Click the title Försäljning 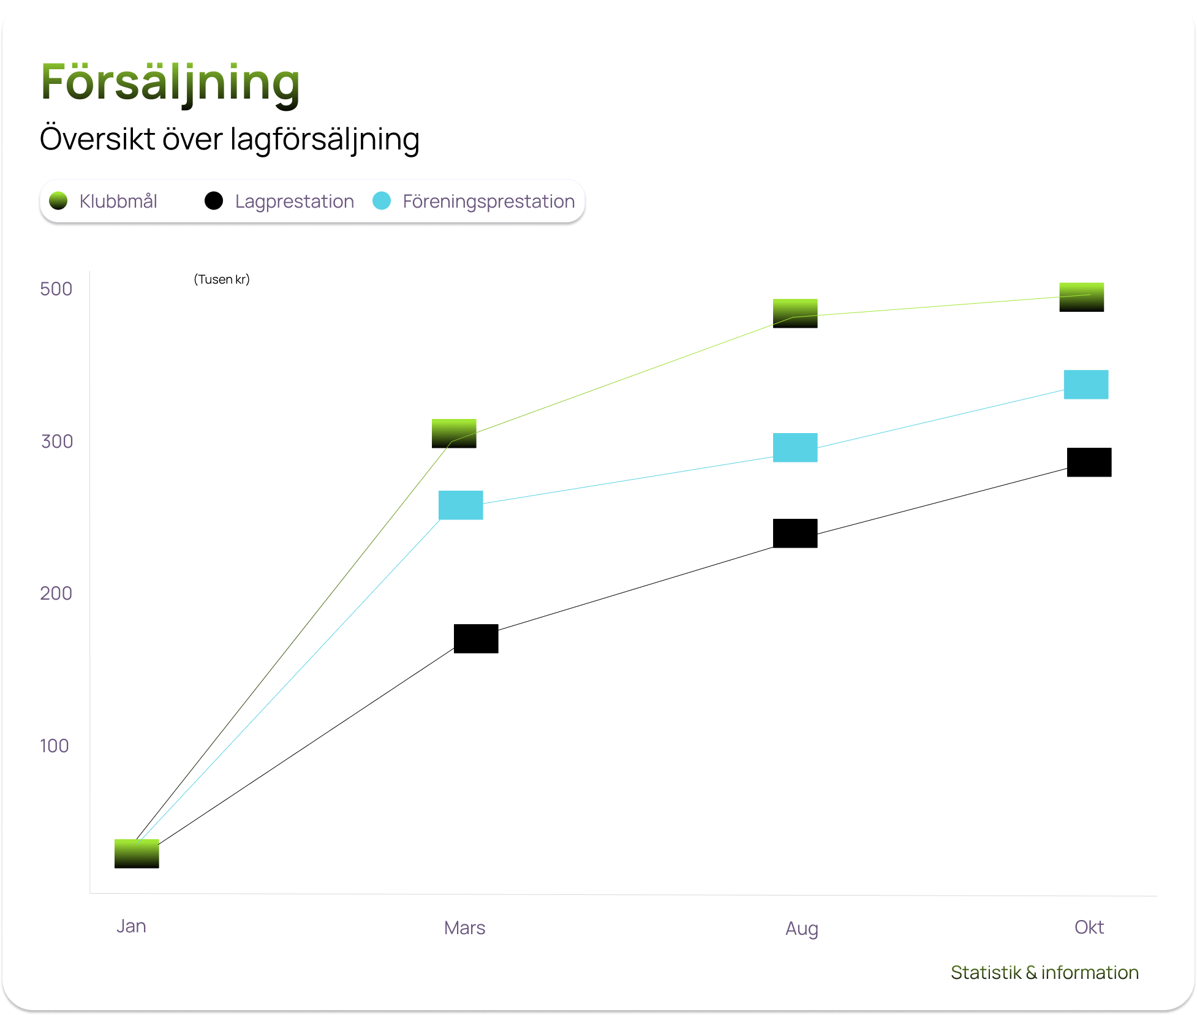pos(170,83)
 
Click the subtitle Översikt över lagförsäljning pos(229,139)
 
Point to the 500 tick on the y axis pos(56,289)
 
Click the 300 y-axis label pos(57,442)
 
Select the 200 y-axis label pos(56,594)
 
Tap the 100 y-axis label pos(55,746)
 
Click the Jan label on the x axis pos(131,926)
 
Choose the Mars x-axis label pos(464,928)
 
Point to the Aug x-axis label pos(801,929)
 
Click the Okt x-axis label pos(1089,927)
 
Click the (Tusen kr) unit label pos(222,279)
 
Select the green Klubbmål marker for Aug pos(795,314)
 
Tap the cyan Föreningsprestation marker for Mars pos(461,505)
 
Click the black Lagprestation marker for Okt pos(1089,462)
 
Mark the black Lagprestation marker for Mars pos(476,639)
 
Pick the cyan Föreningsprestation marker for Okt pos(1086,385)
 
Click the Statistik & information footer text pos(1044,973)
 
